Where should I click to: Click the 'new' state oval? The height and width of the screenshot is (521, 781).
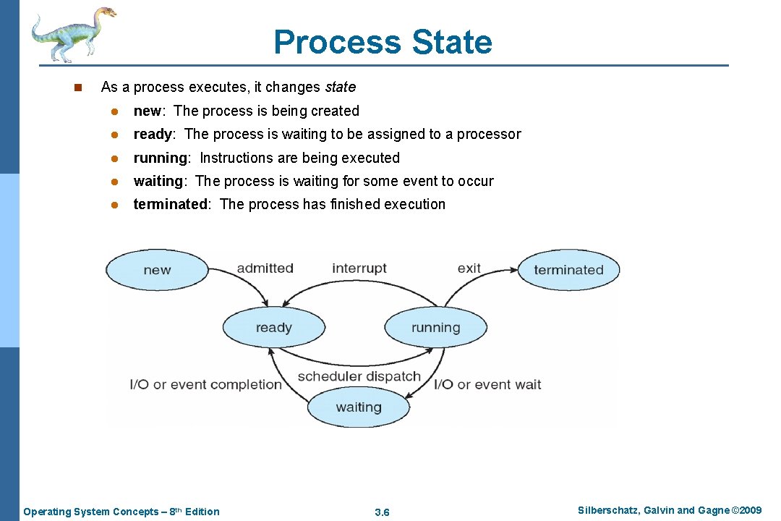(x=157, y=270)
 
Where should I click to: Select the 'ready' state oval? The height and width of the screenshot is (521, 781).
(x=273, y=328)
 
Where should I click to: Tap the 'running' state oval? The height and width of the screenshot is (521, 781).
(x=435, y=328)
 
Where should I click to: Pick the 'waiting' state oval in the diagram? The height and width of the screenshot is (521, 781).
(x=359, y=407)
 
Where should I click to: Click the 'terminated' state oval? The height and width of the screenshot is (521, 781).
(x=568, y=270)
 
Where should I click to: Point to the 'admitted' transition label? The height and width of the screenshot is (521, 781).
(x=265, y=268)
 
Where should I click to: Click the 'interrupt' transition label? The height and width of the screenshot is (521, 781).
(x=359, y=268)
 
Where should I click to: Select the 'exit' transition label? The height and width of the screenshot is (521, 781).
(x=469, y=268)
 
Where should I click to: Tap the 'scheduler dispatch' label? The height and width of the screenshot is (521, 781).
(x=359, y=376)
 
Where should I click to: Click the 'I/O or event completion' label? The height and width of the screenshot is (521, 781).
(x=205, y=384)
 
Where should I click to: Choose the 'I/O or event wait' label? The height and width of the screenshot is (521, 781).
(x=487, y=384)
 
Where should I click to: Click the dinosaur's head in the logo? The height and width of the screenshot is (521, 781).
(x=105, y=12)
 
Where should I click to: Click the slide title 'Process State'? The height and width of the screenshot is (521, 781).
(x=383, y=42)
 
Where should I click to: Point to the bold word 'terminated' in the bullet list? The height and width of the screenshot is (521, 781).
(x=170, y=204)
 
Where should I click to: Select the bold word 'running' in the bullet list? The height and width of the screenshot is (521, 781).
(x=160, y=158)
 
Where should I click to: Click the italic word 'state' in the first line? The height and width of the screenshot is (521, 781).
(x=340, y=87)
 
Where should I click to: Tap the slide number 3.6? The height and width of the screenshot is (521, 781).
(x=383, y=512)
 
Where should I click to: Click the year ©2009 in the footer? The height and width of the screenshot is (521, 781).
(x=746, y=511)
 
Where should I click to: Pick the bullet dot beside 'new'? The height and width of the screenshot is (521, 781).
(x=114, y=111)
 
